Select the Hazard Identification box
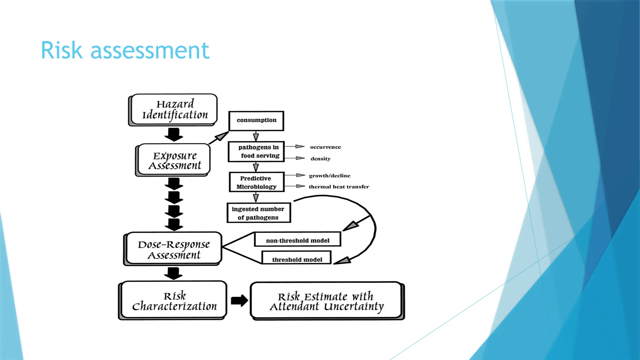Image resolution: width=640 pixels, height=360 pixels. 174,110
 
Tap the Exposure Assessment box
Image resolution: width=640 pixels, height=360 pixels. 174,160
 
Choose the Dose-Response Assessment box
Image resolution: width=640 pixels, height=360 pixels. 174,249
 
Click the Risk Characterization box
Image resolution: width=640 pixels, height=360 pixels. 174,300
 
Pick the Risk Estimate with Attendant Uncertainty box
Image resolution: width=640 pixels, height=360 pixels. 327,301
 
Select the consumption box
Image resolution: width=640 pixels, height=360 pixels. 256,121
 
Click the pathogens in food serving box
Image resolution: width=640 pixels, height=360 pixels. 256,152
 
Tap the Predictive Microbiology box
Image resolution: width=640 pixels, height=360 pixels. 256,182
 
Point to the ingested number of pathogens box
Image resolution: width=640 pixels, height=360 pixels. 258,213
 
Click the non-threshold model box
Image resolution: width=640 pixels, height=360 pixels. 297,240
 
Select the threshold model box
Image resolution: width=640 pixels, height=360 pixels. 297,259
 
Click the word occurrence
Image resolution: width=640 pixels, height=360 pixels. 325,147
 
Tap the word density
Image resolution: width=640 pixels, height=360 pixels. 320,159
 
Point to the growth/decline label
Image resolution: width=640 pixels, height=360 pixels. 329,176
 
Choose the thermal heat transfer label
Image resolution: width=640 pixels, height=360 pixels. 339,187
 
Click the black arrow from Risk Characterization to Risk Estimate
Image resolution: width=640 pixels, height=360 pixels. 239,301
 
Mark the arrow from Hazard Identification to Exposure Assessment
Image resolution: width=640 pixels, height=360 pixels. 174,135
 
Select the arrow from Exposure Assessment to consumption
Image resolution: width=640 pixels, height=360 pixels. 219,137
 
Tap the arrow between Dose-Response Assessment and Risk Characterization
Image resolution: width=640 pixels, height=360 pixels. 173,273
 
